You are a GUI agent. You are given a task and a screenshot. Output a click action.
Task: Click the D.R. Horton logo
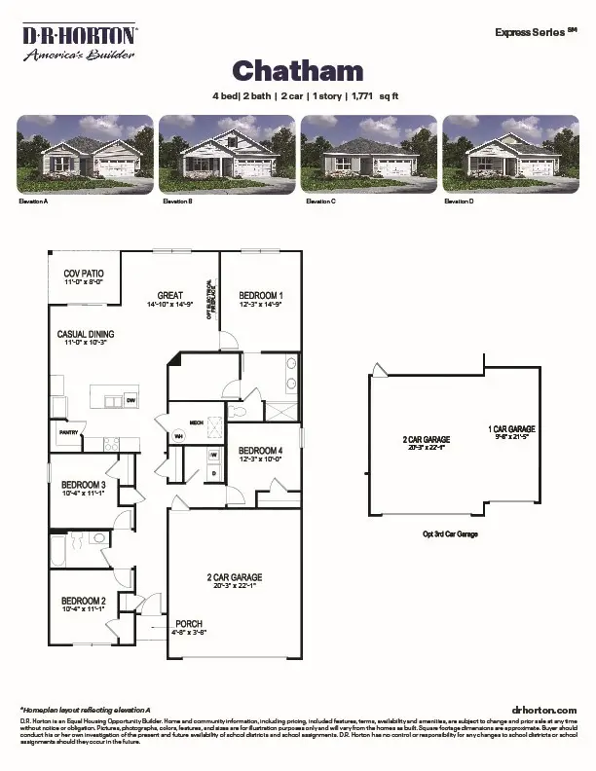[x=80, y=43]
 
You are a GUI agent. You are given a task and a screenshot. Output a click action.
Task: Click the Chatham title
[x=297, y=70]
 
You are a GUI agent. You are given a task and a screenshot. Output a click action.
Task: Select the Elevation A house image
[x=86, y=153]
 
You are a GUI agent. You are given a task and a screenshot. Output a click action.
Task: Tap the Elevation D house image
[x=509, y=153]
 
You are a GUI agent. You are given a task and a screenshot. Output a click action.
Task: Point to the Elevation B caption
[x=175, y=201]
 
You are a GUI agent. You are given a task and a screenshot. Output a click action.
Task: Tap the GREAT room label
[x=170, y=296]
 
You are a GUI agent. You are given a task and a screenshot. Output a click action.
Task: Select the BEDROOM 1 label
[x=260, y=296]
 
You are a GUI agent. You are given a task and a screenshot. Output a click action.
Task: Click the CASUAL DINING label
[x=86, y=335]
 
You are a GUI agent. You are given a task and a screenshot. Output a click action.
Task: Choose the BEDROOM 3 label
[x=83, y=485]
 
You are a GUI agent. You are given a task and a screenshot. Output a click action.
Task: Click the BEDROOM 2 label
[x=83, y=601]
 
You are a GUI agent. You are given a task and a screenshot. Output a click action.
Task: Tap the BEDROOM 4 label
[x=260, y=450]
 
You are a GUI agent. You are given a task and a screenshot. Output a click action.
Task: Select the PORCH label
[x=189, y=624]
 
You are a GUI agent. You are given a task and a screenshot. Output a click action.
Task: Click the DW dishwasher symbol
[x=130, y=400]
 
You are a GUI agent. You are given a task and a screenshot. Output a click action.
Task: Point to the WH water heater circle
[x=178, y=436]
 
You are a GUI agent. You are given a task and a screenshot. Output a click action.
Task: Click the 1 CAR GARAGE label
[x=511, y=429]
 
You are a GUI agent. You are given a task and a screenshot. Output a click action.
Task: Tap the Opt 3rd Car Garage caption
[x=450, y=534]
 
